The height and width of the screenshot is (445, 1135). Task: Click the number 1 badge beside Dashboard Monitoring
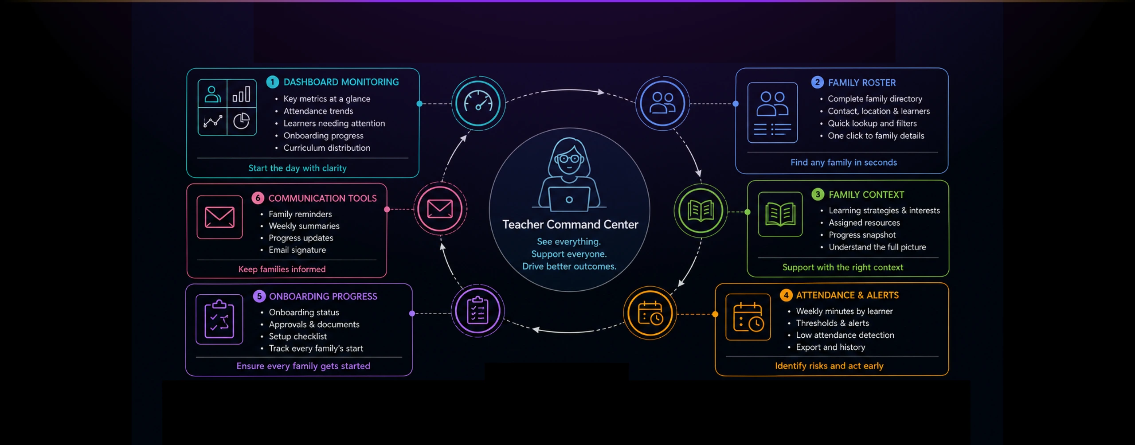(x=272, y=82)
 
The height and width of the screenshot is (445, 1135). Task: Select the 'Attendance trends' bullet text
(x=318, y=111)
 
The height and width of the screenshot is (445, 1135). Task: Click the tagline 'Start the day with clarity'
(x=297, y=168)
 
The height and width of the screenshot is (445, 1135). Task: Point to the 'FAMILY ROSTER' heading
(x=862, y=82)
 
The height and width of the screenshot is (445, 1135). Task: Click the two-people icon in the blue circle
(x=662, y=103)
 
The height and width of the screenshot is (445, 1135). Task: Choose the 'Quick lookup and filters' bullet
(x=872, y=123)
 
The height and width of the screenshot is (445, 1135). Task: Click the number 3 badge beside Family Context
(x=818, y=195)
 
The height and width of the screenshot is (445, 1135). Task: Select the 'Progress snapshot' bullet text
(x=862, y=235)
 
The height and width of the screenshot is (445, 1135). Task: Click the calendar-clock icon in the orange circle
(x=650, y=313)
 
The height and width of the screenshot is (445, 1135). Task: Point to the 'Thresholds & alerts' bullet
(x=832, y=323)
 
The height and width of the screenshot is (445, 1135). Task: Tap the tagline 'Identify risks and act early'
(x=829, y=366)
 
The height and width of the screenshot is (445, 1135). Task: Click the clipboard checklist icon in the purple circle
(x=477, y=310)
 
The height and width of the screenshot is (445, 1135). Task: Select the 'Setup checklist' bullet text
(x=297, y=336)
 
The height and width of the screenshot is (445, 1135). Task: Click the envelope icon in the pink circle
(x=440, y=209)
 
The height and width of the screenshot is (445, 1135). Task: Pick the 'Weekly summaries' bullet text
(x=304, y=226)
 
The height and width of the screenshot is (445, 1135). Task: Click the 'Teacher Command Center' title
(x=570, y=225)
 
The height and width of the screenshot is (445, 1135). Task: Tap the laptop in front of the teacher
(x=569, y=199)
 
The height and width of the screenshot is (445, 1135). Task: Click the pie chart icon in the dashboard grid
(x=242, y=121)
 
